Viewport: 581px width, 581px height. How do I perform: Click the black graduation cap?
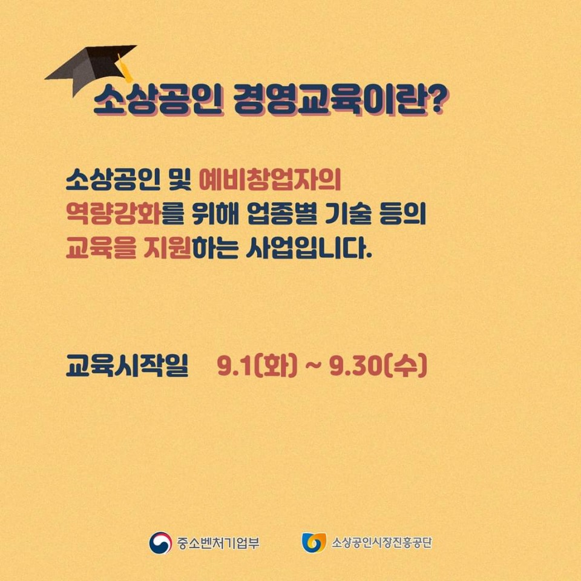click(89, 68)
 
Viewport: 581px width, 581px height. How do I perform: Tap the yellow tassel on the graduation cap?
click(124, 68)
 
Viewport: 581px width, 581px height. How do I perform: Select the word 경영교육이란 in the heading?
click(326, 101)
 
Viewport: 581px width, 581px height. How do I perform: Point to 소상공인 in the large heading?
click(158, 101)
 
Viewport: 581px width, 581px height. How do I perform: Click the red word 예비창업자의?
click(270, 180)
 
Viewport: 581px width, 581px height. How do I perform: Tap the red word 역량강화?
click(113, 214)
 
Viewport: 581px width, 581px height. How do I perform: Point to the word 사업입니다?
click(309, 248)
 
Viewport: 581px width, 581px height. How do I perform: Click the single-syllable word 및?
click(180, 180)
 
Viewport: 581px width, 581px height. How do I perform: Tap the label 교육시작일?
click(127, 365)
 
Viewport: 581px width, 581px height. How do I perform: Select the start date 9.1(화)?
click(257, 366)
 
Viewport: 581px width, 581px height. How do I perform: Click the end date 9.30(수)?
click(378, 366)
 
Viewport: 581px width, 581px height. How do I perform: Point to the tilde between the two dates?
click(313, 367)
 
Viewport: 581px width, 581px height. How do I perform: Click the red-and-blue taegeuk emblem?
click(160, 543)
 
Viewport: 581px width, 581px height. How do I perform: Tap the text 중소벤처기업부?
click(218, 543)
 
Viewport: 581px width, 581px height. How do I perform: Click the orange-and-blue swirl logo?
click(314, 543)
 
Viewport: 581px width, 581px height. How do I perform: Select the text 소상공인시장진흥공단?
click(381, 543)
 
